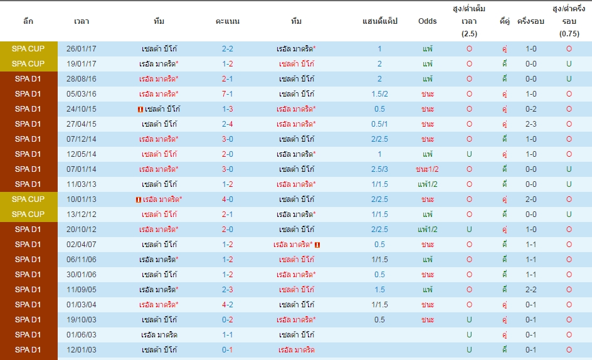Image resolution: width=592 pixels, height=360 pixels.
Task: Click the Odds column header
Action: (x=428, y=21)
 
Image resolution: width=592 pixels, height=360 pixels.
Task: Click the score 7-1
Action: (x=227, y=94)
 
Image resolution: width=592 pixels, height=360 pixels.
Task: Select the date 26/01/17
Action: (x=81, y=49)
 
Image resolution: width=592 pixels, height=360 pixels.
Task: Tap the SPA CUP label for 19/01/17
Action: (x=28, y=64)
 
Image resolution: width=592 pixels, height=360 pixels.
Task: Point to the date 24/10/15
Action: (x=81, y=109)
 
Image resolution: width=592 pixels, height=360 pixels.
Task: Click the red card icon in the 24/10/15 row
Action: (x=140, y=110)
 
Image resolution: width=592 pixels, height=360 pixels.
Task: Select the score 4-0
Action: (x=227, y=199)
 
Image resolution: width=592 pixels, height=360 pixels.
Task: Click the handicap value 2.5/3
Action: (x=379, y=169)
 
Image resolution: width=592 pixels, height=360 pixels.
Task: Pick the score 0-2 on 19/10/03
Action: (x=227, y=320)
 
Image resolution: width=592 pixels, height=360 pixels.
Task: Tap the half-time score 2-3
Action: (x=531, y=124)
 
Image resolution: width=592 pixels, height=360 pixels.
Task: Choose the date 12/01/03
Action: (x=81, y=350)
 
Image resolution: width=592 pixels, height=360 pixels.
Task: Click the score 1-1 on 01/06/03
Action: (x=227, y=335)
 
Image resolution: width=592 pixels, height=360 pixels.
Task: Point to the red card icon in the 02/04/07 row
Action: (x=317, y=245)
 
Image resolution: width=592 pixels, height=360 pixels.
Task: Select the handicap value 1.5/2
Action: (x=379, y=94)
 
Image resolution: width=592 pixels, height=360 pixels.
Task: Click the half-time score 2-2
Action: (x=531, y=290)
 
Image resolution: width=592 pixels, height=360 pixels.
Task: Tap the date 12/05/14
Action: (x=81, y=154)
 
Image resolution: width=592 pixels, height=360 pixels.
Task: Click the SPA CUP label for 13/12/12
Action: (x=28, y=214)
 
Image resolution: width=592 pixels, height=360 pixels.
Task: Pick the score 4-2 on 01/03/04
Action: (x=227, y=305)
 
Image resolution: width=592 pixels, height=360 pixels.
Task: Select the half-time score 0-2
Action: (x=531, y=109)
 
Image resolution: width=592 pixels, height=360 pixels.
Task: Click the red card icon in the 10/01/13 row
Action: (x=138, y=200)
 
